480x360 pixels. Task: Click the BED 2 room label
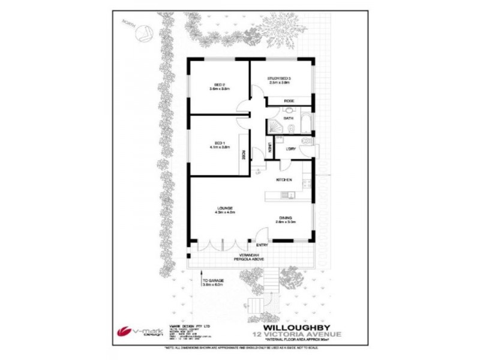click(x=220, y=85)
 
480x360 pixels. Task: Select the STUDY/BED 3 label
click(x=279, y=79)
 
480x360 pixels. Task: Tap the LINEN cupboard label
click(x=271, y=146)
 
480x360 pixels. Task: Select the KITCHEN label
click(x=284, y=179)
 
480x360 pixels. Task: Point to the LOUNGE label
click(x=225, y=208)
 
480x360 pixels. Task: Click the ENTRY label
click(x=262, y=245)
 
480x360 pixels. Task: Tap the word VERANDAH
click(x=244, y=255)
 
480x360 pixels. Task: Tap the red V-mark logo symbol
click(x=123, y=331)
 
